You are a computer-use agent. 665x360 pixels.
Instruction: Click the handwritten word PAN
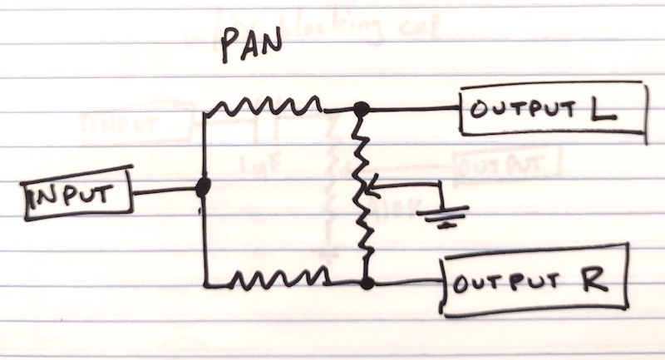pos(252,45)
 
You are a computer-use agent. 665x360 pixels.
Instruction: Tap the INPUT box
pos(77,194)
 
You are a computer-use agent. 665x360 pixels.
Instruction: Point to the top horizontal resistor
pos(268,106)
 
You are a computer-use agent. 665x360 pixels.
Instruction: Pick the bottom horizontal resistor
pos(279,278)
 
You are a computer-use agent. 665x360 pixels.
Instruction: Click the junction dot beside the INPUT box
pos(203,187)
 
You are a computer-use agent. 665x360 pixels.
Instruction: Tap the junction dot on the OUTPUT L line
pos(361,109)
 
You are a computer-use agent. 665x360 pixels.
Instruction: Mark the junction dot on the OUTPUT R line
pos(367,283)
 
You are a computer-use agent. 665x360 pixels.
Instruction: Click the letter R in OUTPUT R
pos(594,279)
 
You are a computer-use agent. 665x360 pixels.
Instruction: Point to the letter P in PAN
pos(229,47)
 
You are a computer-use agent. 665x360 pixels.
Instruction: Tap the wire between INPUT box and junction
pos(165,190)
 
